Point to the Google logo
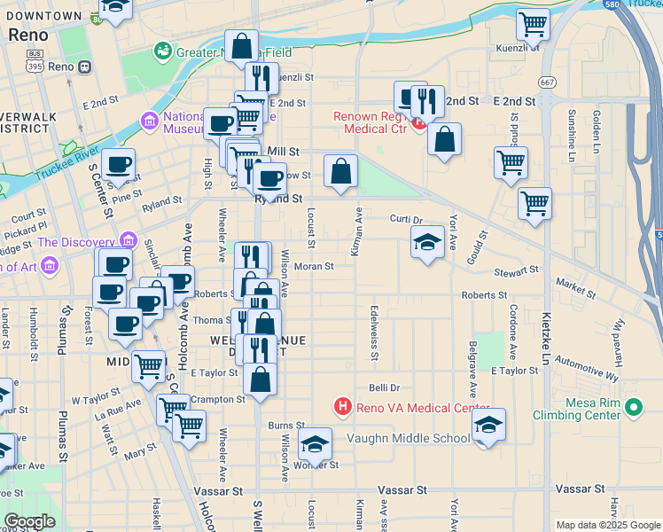(29, 520)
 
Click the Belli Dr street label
(385, 387)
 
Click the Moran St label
(313, 266)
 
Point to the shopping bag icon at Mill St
(340, 170)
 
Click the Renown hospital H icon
(419, 125)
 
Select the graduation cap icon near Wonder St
(315, 442)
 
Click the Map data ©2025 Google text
(607, 525)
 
